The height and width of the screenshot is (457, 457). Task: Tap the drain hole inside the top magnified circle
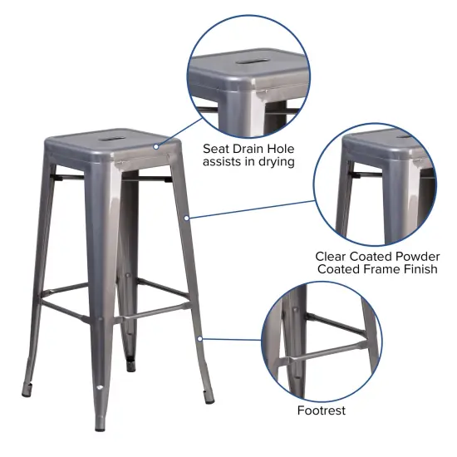click(x=252, y=60)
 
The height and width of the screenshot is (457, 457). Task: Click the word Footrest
click(x=321, y=410)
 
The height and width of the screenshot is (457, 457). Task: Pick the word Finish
click(x=417, y=269)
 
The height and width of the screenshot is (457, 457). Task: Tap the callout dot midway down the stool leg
click(x=188, y=218)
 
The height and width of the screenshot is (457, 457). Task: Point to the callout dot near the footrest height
click(x=200, y=337)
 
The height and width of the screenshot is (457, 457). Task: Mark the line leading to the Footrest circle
click(x=233, y=339)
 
